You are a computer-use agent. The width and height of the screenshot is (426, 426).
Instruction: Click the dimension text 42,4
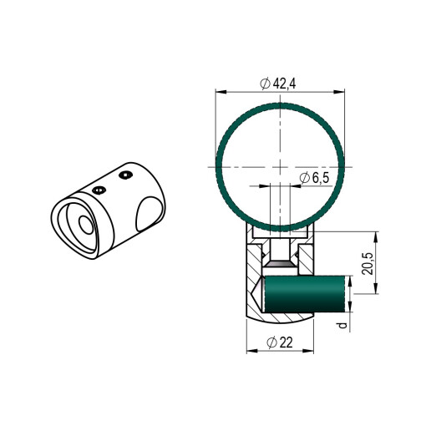coord(284,84)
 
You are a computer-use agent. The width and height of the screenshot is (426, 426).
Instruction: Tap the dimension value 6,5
coord(321,178)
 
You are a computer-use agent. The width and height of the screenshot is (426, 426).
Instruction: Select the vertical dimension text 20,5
coord(368,264)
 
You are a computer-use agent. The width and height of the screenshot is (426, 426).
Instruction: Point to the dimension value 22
coord(286,342)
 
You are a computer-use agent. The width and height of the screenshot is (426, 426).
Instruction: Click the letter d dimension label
coord(343,325)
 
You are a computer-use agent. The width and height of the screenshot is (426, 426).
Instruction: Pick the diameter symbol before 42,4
coord(265,84)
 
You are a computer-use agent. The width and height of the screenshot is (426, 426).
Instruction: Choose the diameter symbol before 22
coord(271,342)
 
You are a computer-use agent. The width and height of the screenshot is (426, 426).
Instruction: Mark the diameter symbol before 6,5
coord(305,178)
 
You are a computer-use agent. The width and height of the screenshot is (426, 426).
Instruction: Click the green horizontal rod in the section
coord(305,294)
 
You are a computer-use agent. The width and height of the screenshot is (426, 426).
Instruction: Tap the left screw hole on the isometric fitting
coord(99,190)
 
